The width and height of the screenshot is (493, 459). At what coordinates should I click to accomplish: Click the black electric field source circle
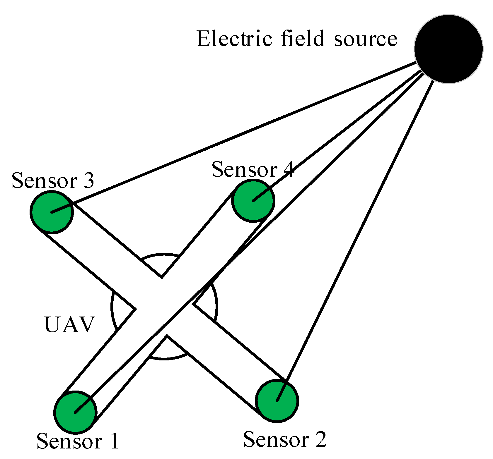(448, 49)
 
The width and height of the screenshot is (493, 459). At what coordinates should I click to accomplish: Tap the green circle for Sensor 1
(75, 412)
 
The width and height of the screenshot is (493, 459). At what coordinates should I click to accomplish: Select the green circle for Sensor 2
(277, 401)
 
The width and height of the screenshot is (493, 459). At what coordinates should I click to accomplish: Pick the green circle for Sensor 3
(52, 212)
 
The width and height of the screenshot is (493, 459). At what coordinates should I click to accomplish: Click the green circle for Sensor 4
(253, 201)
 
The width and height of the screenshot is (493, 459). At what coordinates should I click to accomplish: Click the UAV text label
(69, 324)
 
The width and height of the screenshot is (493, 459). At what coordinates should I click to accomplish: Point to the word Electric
(234, 39)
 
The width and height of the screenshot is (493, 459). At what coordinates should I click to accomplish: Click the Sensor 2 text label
(285, 439)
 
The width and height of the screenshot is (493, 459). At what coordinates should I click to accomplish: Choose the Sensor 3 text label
(53, 180)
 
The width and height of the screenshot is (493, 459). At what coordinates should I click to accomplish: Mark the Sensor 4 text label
(253, 169)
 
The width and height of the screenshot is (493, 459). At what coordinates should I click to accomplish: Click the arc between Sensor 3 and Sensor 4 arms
(161, 255)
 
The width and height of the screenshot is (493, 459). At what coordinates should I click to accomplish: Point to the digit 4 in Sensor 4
(288, 169)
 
